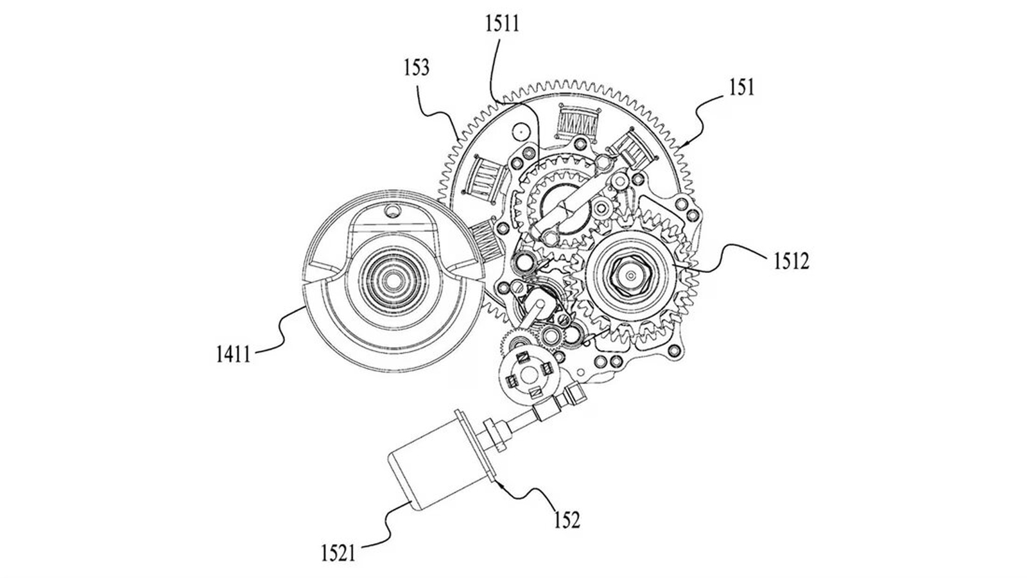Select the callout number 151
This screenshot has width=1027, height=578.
741,88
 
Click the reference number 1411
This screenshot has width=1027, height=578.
233,354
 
